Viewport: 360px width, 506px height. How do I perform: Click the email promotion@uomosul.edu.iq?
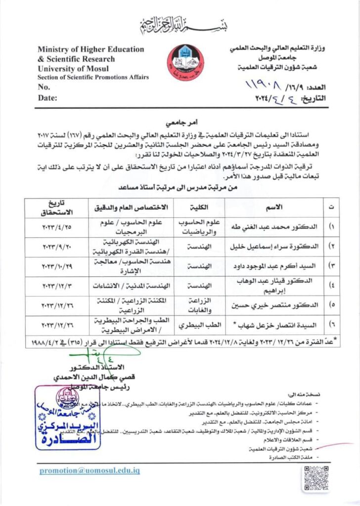click(90, 471)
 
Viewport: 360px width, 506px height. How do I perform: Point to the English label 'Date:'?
click(47, 97)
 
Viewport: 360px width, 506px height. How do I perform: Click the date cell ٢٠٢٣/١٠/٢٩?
click(57, 266)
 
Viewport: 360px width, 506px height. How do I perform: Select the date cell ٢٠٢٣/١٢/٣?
click(57, 286)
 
